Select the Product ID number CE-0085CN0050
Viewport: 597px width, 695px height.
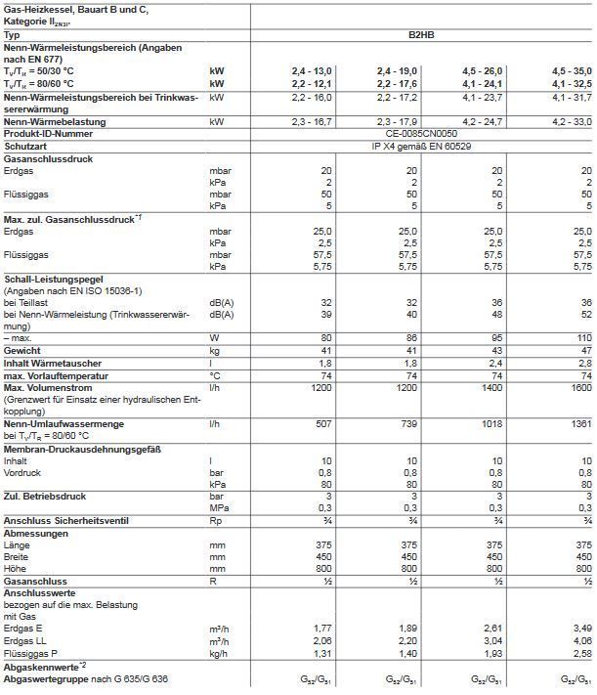pyautogui.click(x=421, y=132)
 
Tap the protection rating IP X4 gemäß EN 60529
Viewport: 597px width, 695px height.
pyautogui.click(x=421, y=144)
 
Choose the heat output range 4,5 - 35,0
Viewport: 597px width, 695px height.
pyautogui.click(x=569, y=72)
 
